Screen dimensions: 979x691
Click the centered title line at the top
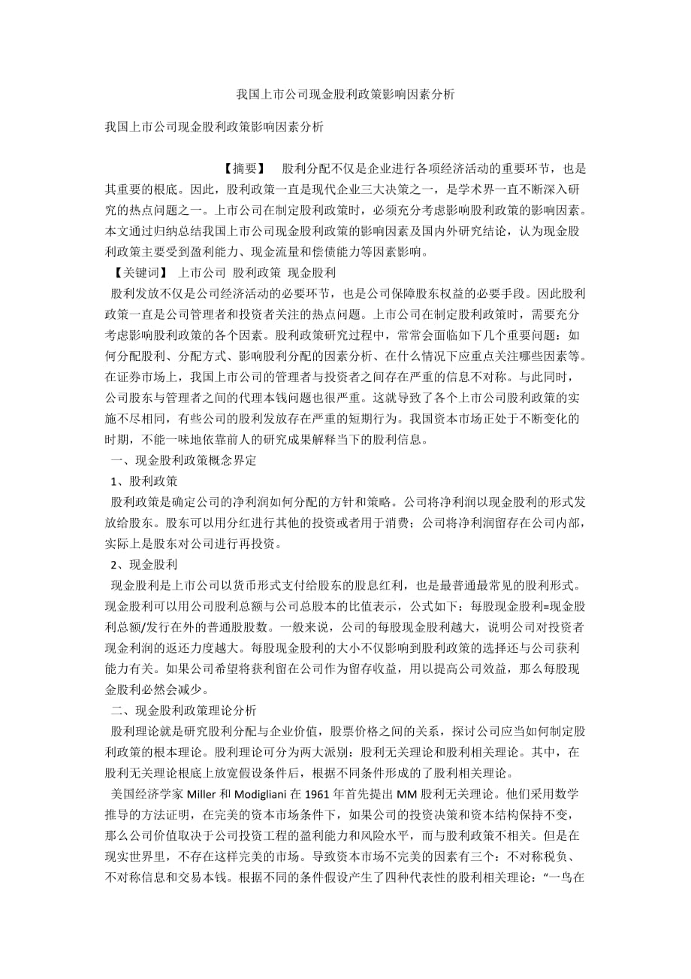coord(345,95)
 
